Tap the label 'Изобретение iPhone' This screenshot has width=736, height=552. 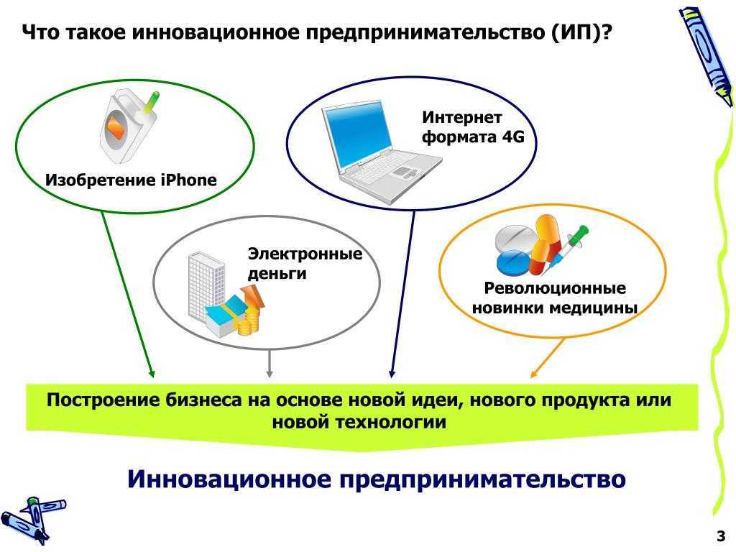pyautogui.click(x=131, y=180)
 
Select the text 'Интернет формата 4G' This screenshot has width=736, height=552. pyautogui.click(x=473, y=126)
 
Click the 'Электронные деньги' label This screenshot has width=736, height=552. pyautogui.click(x=305, y=263)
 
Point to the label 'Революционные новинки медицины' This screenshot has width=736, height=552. pyautogui.click(x=555, y=298)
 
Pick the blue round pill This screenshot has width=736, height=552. pyautogui.click(x=513, y=263)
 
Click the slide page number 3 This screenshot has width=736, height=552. pyautogui.click(x=720, y=535)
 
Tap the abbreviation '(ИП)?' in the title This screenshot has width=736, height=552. pyautogui.click(x=581, y=33)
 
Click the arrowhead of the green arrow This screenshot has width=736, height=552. pyautogui.click(x=151, y=373)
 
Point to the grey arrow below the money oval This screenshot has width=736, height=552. pyautogui.click(x=269, y=363)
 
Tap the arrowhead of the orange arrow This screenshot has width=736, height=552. pyautogui.click(x=533, y=374)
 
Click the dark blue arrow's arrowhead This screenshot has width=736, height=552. pyautogui.click(x=392, y=374)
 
